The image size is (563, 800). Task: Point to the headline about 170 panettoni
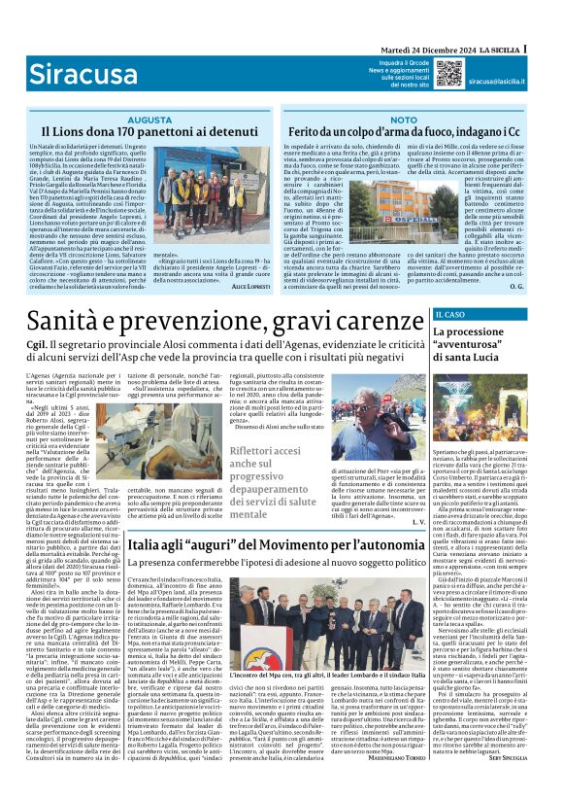coord(149,131)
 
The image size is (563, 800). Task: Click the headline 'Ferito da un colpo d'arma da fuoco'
coord(405,131)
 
